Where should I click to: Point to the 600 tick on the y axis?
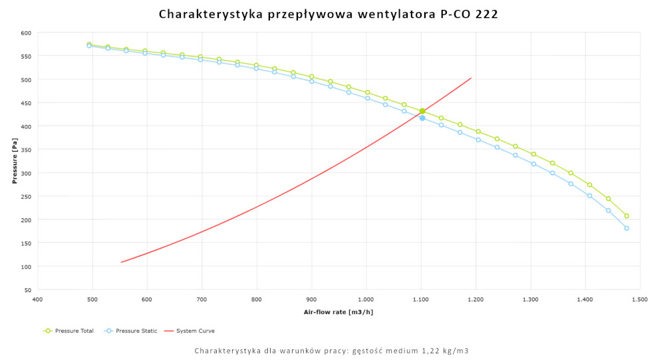26,33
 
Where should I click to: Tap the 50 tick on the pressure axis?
28,290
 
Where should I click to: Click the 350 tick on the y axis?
26,150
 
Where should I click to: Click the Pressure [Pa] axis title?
14,162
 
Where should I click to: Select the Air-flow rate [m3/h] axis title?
338,311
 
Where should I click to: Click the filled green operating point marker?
422,111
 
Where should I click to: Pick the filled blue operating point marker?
422,118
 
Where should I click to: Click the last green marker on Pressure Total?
626,216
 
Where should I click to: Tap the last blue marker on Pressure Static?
626,228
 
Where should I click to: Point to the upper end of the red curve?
471,78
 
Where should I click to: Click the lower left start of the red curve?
121,262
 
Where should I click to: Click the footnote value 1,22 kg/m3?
446,351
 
